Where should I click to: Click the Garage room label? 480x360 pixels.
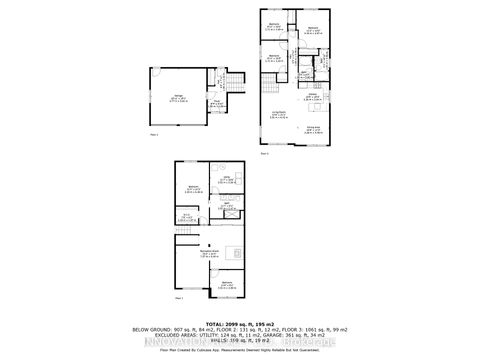pyautogui.click(x=178, y=97)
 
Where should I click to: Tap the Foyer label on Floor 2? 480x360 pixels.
pyautogui.click(x=215, y=102)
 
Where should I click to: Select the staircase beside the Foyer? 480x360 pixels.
pyautogui.click(x=233, y=84)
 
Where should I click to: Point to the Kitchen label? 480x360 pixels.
pyautogui.click(x=313, y=98)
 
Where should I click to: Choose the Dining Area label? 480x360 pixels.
pyautogui.click(x=312, y=129)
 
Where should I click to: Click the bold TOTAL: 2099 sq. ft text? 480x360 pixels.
pyautogui.click(x=239, y=324)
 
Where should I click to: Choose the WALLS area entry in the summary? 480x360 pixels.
pyautogui.click(x=240, y=343)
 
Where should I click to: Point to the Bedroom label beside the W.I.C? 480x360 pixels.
pyautogui.click(x=194, y=187)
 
